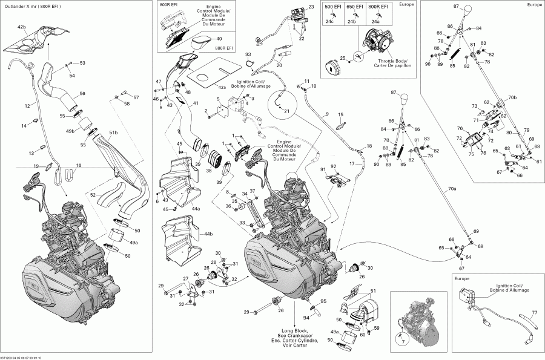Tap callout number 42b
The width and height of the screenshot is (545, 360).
click(22, 28)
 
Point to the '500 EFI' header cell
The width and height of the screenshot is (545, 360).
click(332, 6)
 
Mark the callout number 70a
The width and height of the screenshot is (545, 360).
click(452, 189)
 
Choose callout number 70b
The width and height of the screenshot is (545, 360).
click(512, 97)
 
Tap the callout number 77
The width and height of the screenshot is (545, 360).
click(534, 313)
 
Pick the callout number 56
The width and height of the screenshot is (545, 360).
click(82, 94)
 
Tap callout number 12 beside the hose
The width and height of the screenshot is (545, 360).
click(27, 106)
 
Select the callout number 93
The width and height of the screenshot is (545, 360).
click(248, 55)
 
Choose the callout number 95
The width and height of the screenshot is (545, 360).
click(323, 301)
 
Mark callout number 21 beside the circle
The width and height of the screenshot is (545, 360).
click(286, 111)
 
